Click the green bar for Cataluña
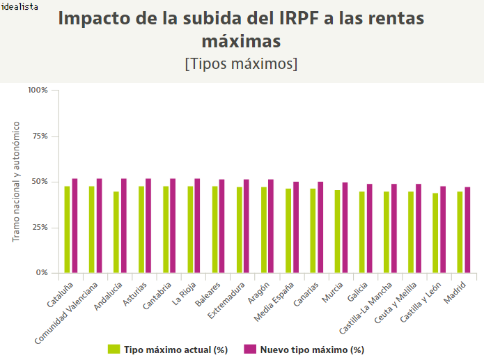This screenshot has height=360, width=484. click(x=67, y=230)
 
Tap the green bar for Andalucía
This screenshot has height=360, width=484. click(x=116, y=233)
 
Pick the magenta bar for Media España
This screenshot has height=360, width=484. click(x=296, y=228)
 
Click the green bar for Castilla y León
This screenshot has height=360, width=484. click(x=435, y=233)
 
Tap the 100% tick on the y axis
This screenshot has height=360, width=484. click(x=38, y=90)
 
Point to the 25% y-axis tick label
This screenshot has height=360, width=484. click(x=39, y=228)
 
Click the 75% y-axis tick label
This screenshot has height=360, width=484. click(x=39, y=136)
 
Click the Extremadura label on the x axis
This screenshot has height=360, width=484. click(x=228, y=300)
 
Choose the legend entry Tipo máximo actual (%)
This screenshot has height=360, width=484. click(x=169, y=350)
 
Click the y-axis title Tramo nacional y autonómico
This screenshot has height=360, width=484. click(x=15, y=182)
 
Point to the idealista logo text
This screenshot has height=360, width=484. click(x=19, y=6)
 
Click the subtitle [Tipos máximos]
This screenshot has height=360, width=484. click(x=242, y=63)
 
